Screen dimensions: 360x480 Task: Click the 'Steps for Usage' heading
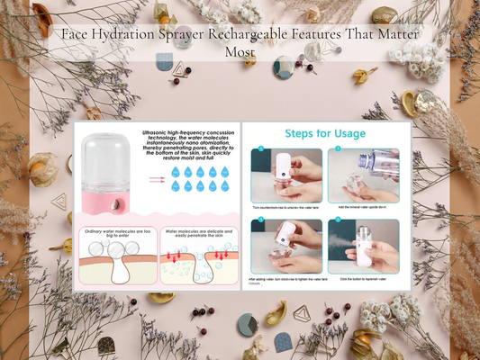[x=325, y=134]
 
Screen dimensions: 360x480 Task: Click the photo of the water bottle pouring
[x=364, y=175]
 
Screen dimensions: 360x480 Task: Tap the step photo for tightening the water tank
[x=287, y=247]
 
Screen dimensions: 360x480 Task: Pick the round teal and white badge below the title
[x=285, y=66]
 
